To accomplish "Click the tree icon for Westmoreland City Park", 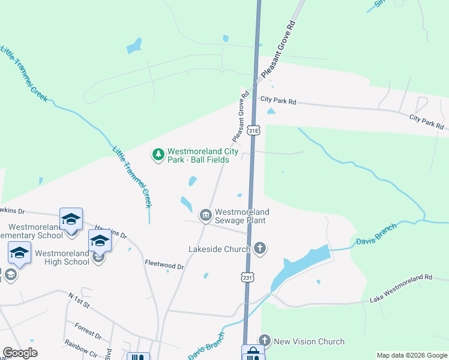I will click(158, 155).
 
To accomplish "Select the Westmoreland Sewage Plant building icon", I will click(205, 215).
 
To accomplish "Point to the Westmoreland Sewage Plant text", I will click(242, 216).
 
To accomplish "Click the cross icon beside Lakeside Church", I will click(260, 248).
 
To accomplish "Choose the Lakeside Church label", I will click(218, 248).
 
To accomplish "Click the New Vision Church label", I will click(309, 341).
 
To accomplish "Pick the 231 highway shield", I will click(247, 277).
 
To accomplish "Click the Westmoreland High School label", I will click(62, 257).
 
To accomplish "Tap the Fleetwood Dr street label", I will click(164, 263).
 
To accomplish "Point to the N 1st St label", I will click(79, 301).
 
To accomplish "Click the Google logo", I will click(20, 353).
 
